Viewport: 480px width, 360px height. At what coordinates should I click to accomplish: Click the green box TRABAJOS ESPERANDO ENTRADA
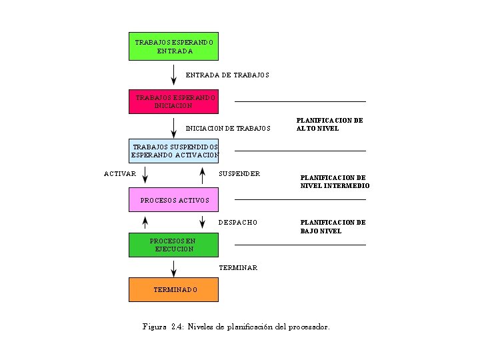pyautogui.click(x=173, y=46)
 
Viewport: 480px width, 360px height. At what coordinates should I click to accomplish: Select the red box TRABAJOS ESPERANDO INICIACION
pyautogui.click(x=173, y=101)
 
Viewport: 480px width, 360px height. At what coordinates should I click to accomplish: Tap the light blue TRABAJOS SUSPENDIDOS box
pyautogui.click(x=173, y=151)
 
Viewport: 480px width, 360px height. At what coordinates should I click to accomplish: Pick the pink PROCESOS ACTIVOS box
pyautogui.click(x=173, y=200)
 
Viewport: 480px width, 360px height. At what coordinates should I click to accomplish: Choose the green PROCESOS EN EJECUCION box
pyautogui.click(x=173, y=245)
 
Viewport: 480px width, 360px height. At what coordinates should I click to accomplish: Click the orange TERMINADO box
pyautogui.click(x=173, y=290)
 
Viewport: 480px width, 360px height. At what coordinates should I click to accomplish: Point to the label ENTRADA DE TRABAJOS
pyautogui.click(x=227, y=75)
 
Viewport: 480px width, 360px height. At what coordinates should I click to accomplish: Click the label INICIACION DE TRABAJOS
pyautogui.click(x=228, y=128)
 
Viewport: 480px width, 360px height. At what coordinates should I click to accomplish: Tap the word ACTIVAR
pyautogui.click(x=120, y=174)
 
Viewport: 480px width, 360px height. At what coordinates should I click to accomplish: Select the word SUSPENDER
pyautogui.click(x=239, y=174)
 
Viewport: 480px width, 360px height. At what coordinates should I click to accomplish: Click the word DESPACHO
pyautogui.click(x=238, y=222)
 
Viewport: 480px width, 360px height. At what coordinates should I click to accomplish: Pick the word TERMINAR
pyautogui.click(x=238, y=267)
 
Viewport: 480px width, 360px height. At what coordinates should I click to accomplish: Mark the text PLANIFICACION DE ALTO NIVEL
pyautogui.click(x=329, y=125)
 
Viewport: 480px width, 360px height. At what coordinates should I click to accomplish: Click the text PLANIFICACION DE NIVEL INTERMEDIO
pyautogui.click(x=335, y=182)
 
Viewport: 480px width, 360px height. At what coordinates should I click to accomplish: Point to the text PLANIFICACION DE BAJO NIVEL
pyautogui.click(x=333, y=227)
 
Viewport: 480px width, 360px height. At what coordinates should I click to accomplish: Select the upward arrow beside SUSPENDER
pyautogui.click(x=202, y=175)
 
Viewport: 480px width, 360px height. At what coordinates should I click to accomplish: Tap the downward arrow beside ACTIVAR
pyautogui.click(x=145, y=175)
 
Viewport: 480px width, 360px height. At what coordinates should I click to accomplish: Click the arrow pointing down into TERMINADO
pyautogui.click(x=173, y=268)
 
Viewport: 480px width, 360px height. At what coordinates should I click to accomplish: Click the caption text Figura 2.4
pyautogui.click(x=236, y=327)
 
